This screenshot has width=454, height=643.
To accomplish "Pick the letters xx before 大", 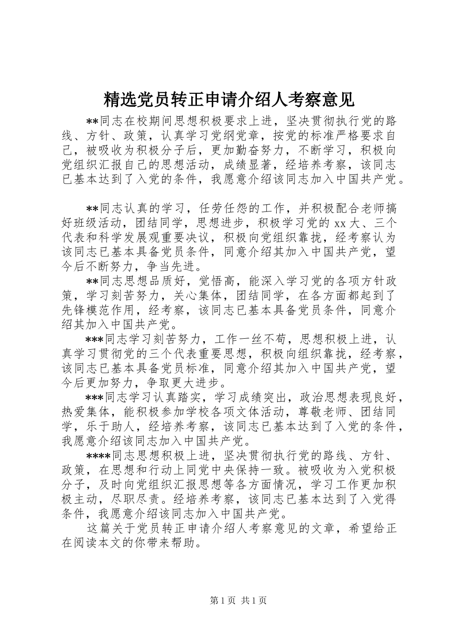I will [x=340, y=223].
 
